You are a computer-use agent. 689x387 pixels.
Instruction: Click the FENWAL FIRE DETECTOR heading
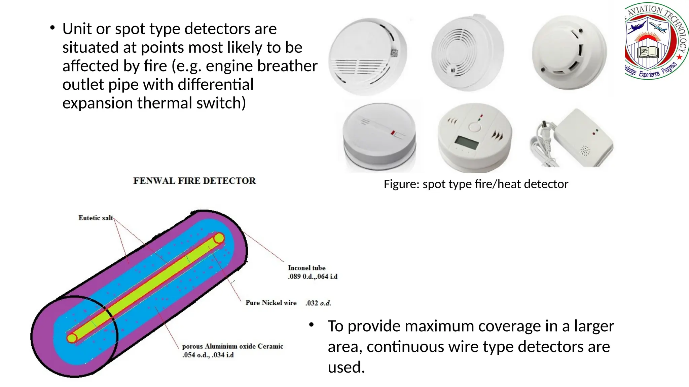[194, 181]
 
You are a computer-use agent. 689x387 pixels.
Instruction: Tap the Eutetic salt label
[96, 218]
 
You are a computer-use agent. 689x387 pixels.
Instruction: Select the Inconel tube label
[306, 268]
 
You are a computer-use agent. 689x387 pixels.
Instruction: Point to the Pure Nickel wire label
[271, 303]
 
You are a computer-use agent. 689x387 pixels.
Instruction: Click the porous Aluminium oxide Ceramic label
[232, 346]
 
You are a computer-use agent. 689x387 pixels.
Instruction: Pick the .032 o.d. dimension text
[318, 303]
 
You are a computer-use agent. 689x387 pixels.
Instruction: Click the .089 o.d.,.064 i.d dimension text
[313, 276]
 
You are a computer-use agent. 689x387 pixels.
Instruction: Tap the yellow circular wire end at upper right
[219, 238]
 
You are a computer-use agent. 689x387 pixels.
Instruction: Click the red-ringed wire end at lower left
[72, 338]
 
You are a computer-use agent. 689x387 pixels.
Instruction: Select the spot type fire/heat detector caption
[476, 184]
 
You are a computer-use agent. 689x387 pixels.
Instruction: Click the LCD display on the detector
[466, 143]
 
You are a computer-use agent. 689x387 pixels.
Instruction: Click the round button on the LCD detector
[474, 127]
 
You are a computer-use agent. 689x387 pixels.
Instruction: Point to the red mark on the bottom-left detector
[393, 133]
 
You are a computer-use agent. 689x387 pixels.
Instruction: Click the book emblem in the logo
[649, 52]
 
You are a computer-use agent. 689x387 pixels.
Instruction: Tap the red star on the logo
[680, 57]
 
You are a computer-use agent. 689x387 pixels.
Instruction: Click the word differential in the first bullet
[215, 84]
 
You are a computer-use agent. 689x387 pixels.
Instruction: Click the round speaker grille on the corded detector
[585, 150]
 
